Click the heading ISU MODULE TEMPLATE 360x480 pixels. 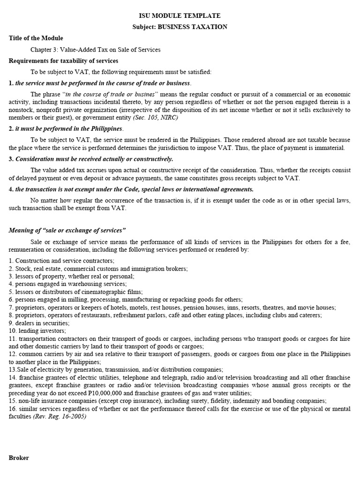(x=180, y=15)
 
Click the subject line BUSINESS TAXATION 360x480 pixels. (x=180, y=27)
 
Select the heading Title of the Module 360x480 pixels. (x=36, y=38)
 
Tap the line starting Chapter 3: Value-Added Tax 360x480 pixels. (x=96, y=50)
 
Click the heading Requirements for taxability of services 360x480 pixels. (x=63, y=61)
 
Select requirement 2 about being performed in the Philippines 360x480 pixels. (x=66, y=128)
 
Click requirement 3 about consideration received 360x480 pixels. (x=91, y=159)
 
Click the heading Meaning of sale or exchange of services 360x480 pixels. (x=67, y=230)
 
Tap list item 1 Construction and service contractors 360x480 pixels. (x=61, y=261)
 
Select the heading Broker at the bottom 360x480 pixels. (x=19, y=457)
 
